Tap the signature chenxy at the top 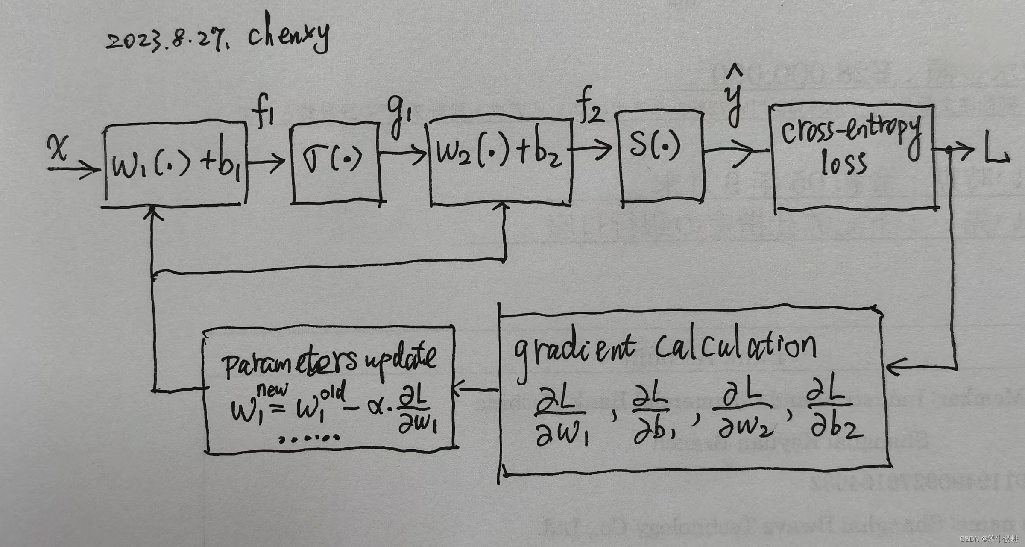click(289, 34)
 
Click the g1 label click(398, 116)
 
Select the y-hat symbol click(734, 96)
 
